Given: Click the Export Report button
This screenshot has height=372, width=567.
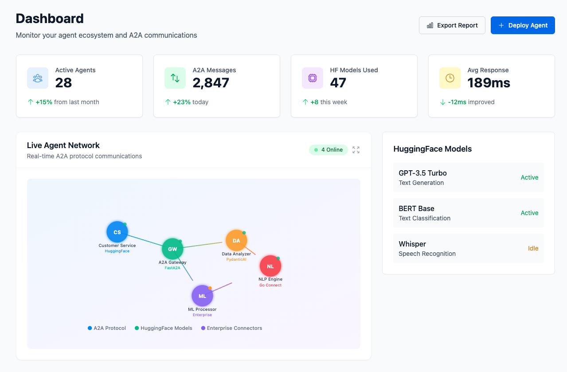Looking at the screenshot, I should click(452, 25).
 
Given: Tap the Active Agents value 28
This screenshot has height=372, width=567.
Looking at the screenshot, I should click(63, 83).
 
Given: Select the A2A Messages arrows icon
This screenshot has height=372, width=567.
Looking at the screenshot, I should click(175, 78).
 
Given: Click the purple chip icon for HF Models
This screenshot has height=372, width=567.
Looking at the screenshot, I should click(313, 78).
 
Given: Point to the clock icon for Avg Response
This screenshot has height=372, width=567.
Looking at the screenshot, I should click(450, 78).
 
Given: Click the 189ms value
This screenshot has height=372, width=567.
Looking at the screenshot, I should click(489, 83).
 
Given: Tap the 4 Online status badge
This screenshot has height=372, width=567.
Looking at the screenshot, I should click(328, 150).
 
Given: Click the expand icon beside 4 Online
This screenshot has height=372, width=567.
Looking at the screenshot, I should click(356, 150).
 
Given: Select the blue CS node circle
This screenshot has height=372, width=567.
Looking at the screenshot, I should click(117, 232).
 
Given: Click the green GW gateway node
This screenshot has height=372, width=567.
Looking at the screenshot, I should click(172, 249).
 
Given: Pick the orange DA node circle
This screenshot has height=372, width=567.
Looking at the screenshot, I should click(236, 240).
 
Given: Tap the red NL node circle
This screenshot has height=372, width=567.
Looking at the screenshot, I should click(270, 266).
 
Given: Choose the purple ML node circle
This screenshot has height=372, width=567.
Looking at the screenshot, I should click(202, 296).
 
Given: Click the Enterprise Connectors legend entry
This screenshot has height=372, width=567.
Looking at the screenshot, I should click(231, 328).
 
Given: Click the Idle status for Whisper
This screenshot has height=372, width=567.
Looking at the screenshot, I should click(533, 248).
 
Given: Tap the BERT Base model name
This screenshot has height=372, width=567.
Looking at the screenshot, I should click(416, 208).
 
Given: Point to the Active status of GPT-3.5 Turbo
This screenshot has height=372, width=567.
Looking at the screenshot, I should click(529, 177).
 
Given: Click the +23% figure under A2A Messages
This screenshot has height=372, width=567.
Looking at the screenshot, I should click(182, 102).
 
